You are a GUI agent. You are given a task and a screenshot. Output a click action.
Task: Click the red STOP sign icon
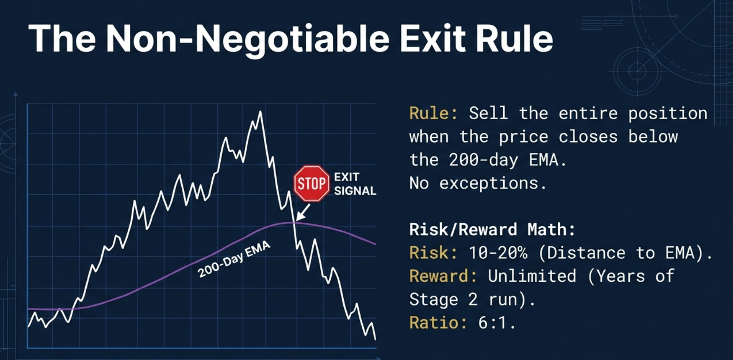coord(312,183)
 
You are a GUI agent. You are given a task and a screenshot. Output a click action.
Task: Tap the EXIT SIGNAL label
coord(355,184)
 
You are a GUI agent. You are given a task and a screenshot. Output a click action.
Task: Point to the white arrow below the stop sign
coord(303,211)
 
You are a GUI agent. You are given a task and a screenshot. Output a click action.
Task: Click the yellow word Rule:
coord(434,114)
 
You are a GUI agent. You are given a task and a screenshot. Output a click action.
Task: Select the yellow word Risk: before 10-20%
coord(434,253)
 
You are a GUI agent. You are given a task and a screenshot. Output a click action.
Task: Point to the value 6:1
coord(497,323)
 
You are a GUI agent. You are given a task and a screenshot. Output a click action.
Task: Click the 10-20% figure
coord(498,253)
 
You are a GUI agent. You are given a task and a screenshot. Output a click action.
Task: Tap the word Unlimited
coord(532,277)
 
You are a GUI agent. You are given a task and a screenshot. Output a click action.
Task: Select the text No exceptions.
coord(478,183)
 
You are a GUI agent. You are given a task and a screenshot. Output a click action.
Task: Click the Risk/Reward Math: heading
coord(492,230)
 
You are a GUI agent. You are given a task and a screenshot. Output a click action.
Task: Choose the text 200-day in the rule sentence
coord(484,160)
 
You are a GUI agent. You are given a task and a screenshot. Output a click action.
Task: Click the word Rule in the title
coord(514,38)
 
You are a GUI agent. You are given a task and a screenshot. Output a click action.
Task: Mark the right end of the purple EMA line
coord(376,244)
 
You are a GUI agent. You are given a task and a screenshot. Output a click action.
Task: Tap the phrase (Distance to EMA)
coord(625,253)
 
